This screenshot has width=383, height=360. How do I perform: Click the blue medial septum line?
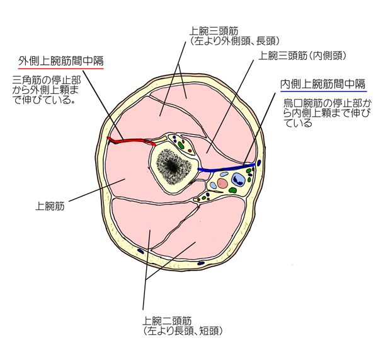click(227, 168)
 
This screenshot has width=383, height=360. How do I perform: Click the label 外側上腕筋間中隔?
click(60, 61)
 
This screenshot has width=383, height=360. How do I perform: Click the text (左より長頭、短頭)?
click(183, 330)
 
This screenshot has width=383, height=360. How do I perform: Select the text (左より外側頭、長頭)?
click(234, 40)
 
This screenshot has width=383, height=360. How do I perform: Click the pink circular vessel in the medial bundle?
click(222, 184)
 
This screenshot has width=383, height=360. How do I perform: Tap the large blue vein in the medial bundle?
click(238, 183)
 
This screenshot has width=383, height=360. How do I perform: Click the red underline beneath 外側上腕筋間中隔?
click(60, 67)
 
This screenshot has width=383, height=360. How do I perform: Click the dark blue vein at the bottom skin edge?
click(201, 262)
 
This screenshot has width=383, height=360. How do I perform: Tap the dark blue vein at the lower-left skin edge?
click(140, 252)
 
